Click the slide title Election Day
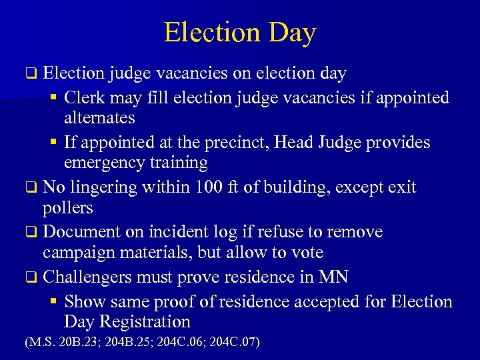pos(240,32)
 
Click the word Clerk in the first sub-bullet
pos(84,98)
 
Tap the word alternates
pos(99,118)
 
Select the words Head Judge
pos(311,142)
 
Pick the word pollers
pos(67,207)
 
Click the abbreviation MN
pos(334,277)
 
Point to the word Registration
pos(146,322)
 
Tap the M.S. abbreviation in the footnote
pos(37,343)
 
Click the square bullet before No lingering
pos(32,188)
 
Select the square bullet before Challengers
pos(32,277)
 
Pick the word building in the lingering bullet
pos(298,187)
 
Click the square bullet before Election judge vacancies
pos(32,73)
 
